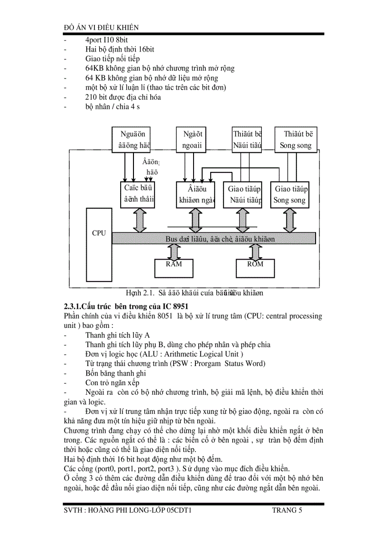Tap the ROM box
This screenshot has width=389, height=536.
[256, 268]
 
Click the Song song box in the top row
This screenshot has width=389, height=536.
[296, 140]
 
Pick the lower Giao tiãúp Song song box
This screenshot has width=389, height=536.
[289, 195]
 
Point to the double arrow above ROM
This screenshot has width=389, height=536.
[256, 251]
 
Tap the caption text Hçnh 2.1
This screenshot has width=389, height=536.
[136, 293]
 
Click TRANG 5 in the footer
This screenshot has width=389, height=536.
[287, 511]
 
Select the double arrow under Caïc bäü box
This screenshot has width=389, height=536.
[140, 221]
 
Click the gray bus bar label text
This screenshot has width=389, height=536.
[220, 239]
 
